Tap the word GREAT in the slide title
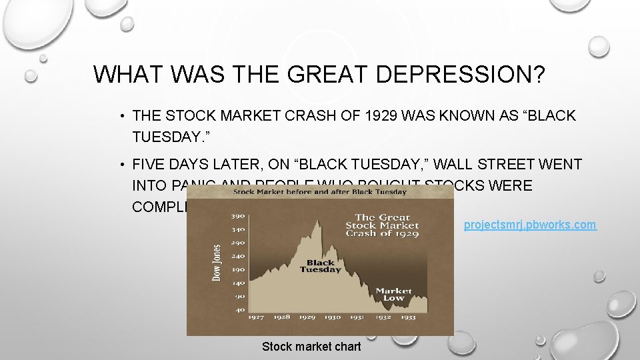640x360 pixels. [x=317, y=74]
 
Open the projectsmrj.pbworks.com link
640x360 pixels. [x=530, y=225]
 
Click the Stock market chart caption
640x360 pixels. [x=311, y=347]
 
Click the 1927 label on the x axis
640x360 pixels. [x=257, y=317]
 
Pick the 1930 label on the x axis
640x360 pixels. [x=332, y=317]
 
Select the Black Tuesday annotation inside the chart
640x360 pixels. [x=320, y=266]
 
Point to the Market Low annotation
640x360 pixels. [x=393, y=294]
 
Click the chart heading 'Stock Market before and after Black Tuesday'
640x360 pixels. [x=319, y=192]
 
